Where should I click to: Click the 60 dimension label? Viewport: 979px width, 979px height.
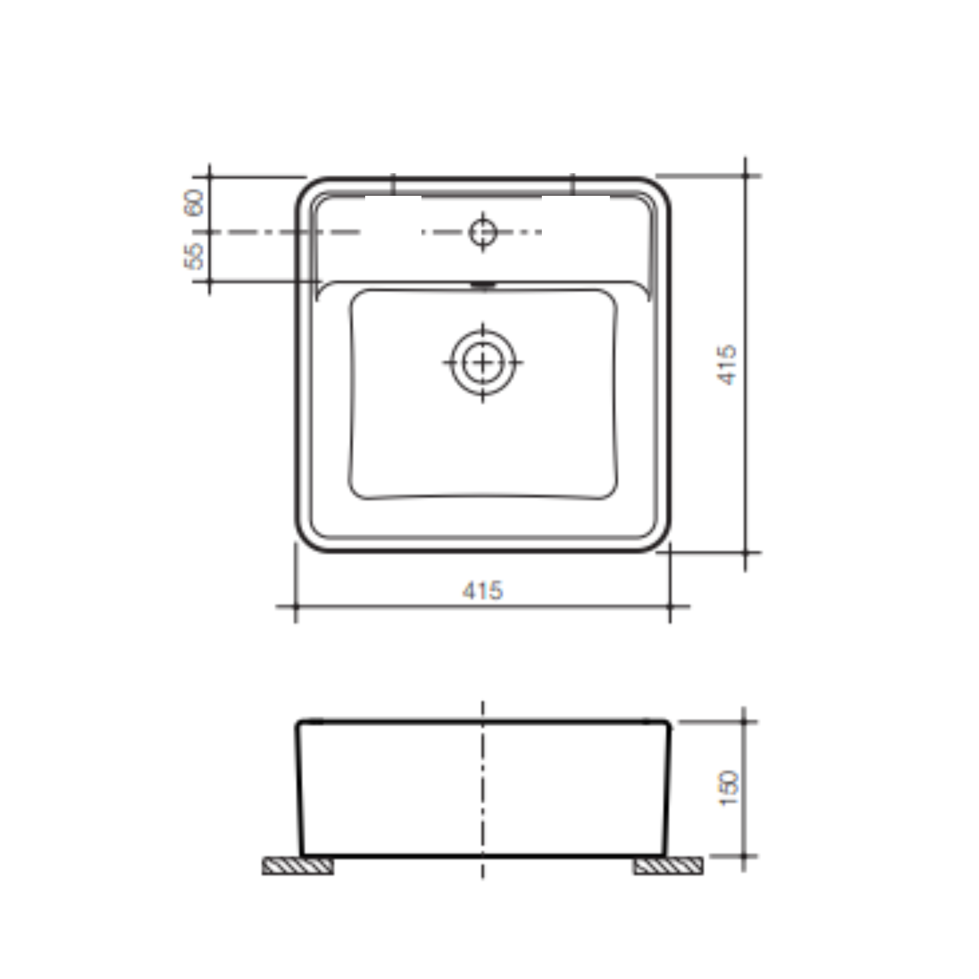(193, 203)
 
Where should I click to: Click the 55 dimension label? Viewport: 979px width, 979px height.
(193, 256)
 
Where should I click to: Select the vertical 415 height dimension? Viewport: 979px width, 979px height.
(727, 364)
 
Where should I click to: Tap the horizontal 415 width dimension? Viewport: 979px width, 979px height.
(483, 590)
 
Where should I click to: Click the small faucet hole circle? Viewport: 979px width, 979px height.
(483, 232)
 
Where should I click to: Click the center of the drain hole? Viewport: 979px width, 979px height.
(483, 362)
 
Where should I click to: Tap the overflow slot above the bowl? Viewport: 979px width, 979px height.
(483, 285)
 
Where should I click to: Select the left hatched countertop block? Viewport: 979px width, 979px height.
(298, 866)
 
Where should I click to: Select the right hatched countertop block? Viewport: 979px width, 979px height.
(668, 866)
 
